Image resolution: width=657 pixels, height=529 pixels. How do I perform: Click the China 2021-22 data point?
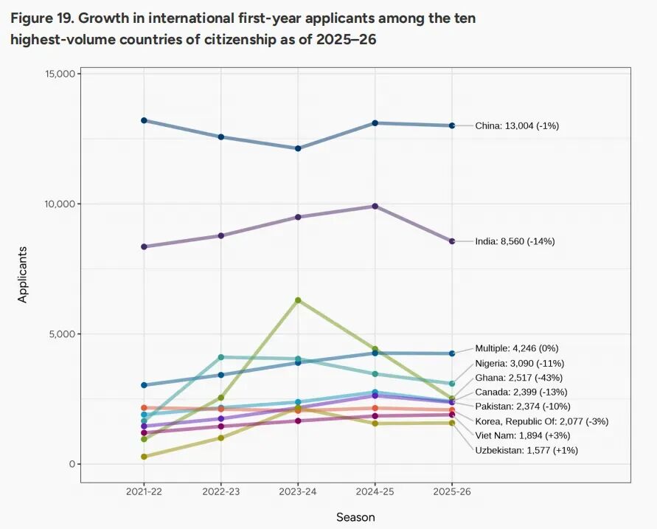tap(144, 120)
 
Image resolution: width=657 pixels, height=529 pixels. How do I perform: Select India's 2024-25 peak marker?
tap(375, 206)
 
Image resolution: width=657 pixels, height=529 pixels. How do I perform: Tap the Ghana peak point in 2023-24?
tap(298, 300)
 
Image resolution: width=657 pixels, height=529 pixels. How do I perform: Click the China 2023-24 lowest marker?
tap(298, 148)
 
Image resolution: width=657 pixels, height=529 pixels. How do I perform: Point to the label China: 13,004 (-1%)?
tap(517, 125)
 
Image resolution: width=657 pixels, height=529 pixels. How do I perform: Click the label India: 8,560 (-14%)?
tap(515, 241)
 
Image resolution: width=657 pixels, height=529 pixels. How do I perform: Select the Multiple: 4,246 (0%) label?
tap(521, 348)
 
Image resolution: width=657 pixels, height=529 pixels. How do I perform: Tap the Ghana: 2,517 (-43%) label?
tap(520, 377)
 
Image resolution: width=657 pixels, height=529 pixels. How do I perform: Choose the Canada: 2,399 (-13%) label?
tap(521, 392)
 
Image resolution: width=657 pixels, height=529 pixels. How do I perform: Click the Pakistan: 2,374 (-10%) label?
tap(523, 407)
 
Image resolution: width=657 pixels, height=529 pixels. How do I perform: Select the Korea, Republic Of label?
tap(532, 421)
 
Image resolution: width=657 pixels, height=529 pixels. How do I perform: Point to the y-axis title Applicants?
tap(22, 274)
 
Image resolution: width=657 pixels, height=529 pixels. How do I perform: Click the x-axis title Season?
tap(355, 517)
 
